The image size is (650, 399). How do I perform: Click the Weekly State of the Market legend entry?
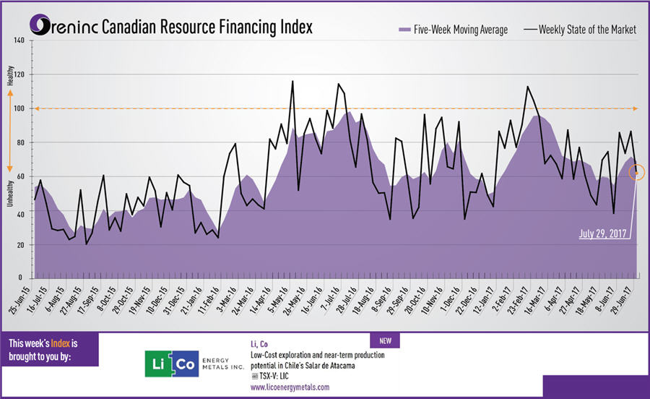(x=581, y=30)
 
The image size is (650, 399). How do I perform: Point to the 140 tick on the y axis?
(x=19, y=40)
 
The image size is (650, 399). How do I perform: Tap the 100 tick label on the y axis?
(x=19, y=108)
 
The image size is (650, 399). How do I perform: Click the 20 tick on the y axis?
(x=21, y=245)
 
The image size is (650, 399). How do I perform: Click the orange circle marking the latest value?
(x=636, y=172)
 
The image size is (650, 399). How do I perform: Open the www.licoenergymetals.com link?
(x=290, y=387)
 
